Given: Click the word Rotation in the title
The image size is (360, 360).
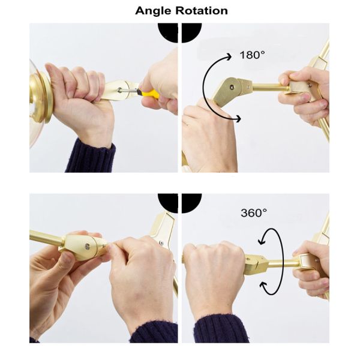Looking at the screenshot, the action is click(202, 11).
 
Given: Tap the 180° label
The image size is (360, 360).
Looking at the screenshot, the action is click(252, 55).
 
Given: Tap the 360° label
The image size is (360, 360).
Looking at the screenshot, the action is click(254, 213).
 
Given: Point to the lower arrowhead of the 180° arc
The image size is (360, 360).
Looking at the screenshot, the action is click(238, 119).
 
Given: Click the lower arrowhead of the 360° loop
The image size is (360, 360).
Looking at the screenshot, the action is click(263, 286).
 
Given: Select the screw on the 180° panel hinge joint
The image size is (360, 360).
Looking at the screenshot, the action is click(232, 87).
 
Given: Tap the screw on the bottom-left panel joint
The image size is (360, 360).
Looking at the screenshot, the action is click(87, 247).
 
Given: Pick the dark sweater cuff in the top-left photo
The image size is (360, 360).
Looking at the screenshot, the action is click(91, 155).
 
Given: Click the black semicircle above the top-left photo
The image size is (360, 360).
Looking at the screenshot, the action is click(168, 32).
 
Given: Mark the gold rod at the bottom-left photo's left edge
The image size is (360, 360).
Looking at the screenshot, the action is click(47, 237).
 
